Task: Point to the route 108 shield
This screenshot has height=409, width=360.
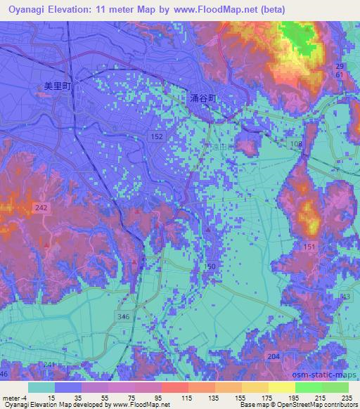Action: (x=296, y=143)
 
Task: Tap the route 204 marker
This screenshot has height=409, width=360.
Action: (x=273, y=357)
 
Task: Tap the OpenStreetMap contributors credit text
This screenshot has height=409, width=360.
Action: (x=319, y=405)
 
